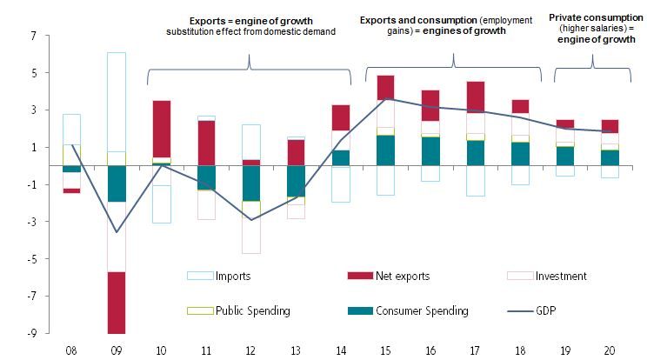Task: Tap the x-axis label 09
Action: (x=117, y=350)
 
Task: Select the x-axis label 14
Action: (x=341, y=350)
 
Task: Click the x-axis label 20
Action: (x=609, y=350)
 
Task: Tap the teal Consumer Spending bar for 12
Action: (x=250, y=183)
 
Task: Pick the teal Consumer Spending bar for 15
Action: (x=385, y=150)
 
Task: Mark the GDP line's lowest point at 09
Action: (x=117, y=232)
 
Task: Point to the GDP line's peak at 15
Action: (x=385, y=98)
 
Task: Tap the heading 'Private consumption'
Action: (x=592, y=17)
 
